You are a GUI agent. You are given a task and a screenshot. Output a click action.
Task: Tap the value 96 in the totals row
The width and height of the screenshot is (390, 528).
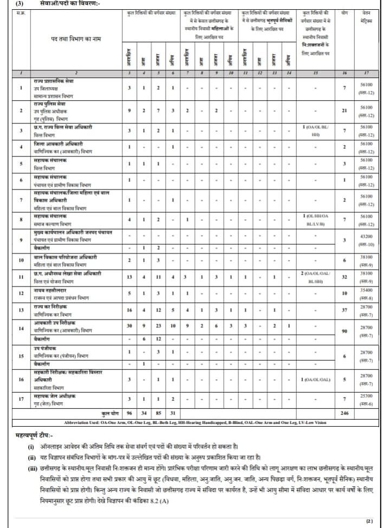[x=129, y=413]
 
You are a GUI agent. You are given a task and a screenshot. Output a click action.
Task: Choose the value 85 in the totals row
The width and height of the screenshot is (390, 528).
[x=158, y=413]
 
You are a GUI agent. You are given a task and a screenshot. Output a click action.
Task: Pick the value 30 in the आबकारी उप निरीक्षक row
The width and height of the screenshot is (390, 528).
[x=129, y=325]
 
